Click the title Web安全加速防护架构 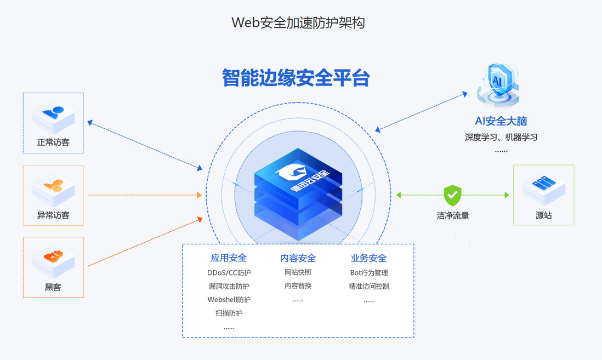298,22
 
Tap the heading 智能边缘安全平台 296,78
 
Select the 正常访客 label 53,142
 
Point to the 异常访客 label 53,215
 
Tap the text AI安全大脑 501,121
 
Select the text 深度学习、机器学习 501,137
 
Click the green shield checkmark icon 452,195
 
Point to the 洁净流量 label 453,215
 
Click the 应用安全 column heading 229,258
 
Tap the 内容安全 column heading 298,258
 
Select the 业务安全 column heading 368,258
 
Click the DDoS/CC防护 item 229,272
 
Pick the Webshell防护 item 229,300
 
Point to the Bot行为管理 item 368,272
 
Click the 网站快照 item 298,272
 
